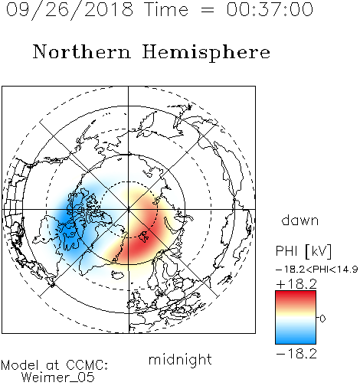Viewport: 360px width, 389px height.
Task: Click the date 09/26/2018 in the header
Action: tap(70, 10)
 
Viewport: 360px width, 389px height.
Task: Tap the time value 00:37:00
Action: tap(270, 9)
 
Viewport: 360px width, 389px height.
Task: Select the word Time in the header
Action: tap(166, 9)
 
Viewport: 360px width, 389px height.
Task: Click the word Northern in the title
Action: tap(82, 51)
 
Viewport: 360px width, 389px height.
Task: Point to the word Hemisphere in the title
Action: tap(206, 53)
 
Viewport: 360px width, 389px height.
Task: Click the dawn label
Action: tap(299, 221)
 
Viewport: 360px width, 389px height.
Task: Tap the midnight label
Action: tap(180, 359)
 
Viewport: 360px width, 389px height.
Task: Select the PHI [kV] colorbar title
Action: tap(303, 251)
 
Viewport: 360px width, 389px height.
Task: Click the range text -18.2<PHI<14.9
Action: tap(316, 270)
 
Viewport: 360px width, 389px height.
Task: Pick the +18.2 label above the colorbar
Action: tap(296, 284)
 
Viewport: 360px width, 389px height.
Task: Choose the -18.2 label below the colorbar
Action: tap(296, 354)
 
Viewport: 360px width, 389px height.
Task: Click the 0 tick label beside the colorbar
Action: tap(322, 319)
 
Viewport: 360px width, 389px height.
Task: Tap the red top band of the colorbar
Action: tap(296, 296)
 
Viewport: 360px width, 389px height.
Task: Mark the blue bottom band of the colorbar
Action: tap(296, 338)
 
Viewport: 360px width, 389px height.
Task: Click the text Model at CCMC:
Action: tap(54, 365)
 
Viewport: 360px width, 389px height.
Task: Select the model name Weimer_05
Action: tap(58, 378)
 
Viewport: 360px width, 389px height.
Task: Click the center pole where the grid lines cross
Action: tap(129, 210)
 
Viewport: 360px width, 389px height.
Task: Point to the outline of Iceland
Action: tap(118, 275)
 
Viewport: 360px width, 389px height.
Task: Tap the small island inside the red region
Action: tap(144, 236)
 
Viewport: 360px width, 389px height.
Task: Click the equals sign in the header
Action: tap(208, 10)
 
